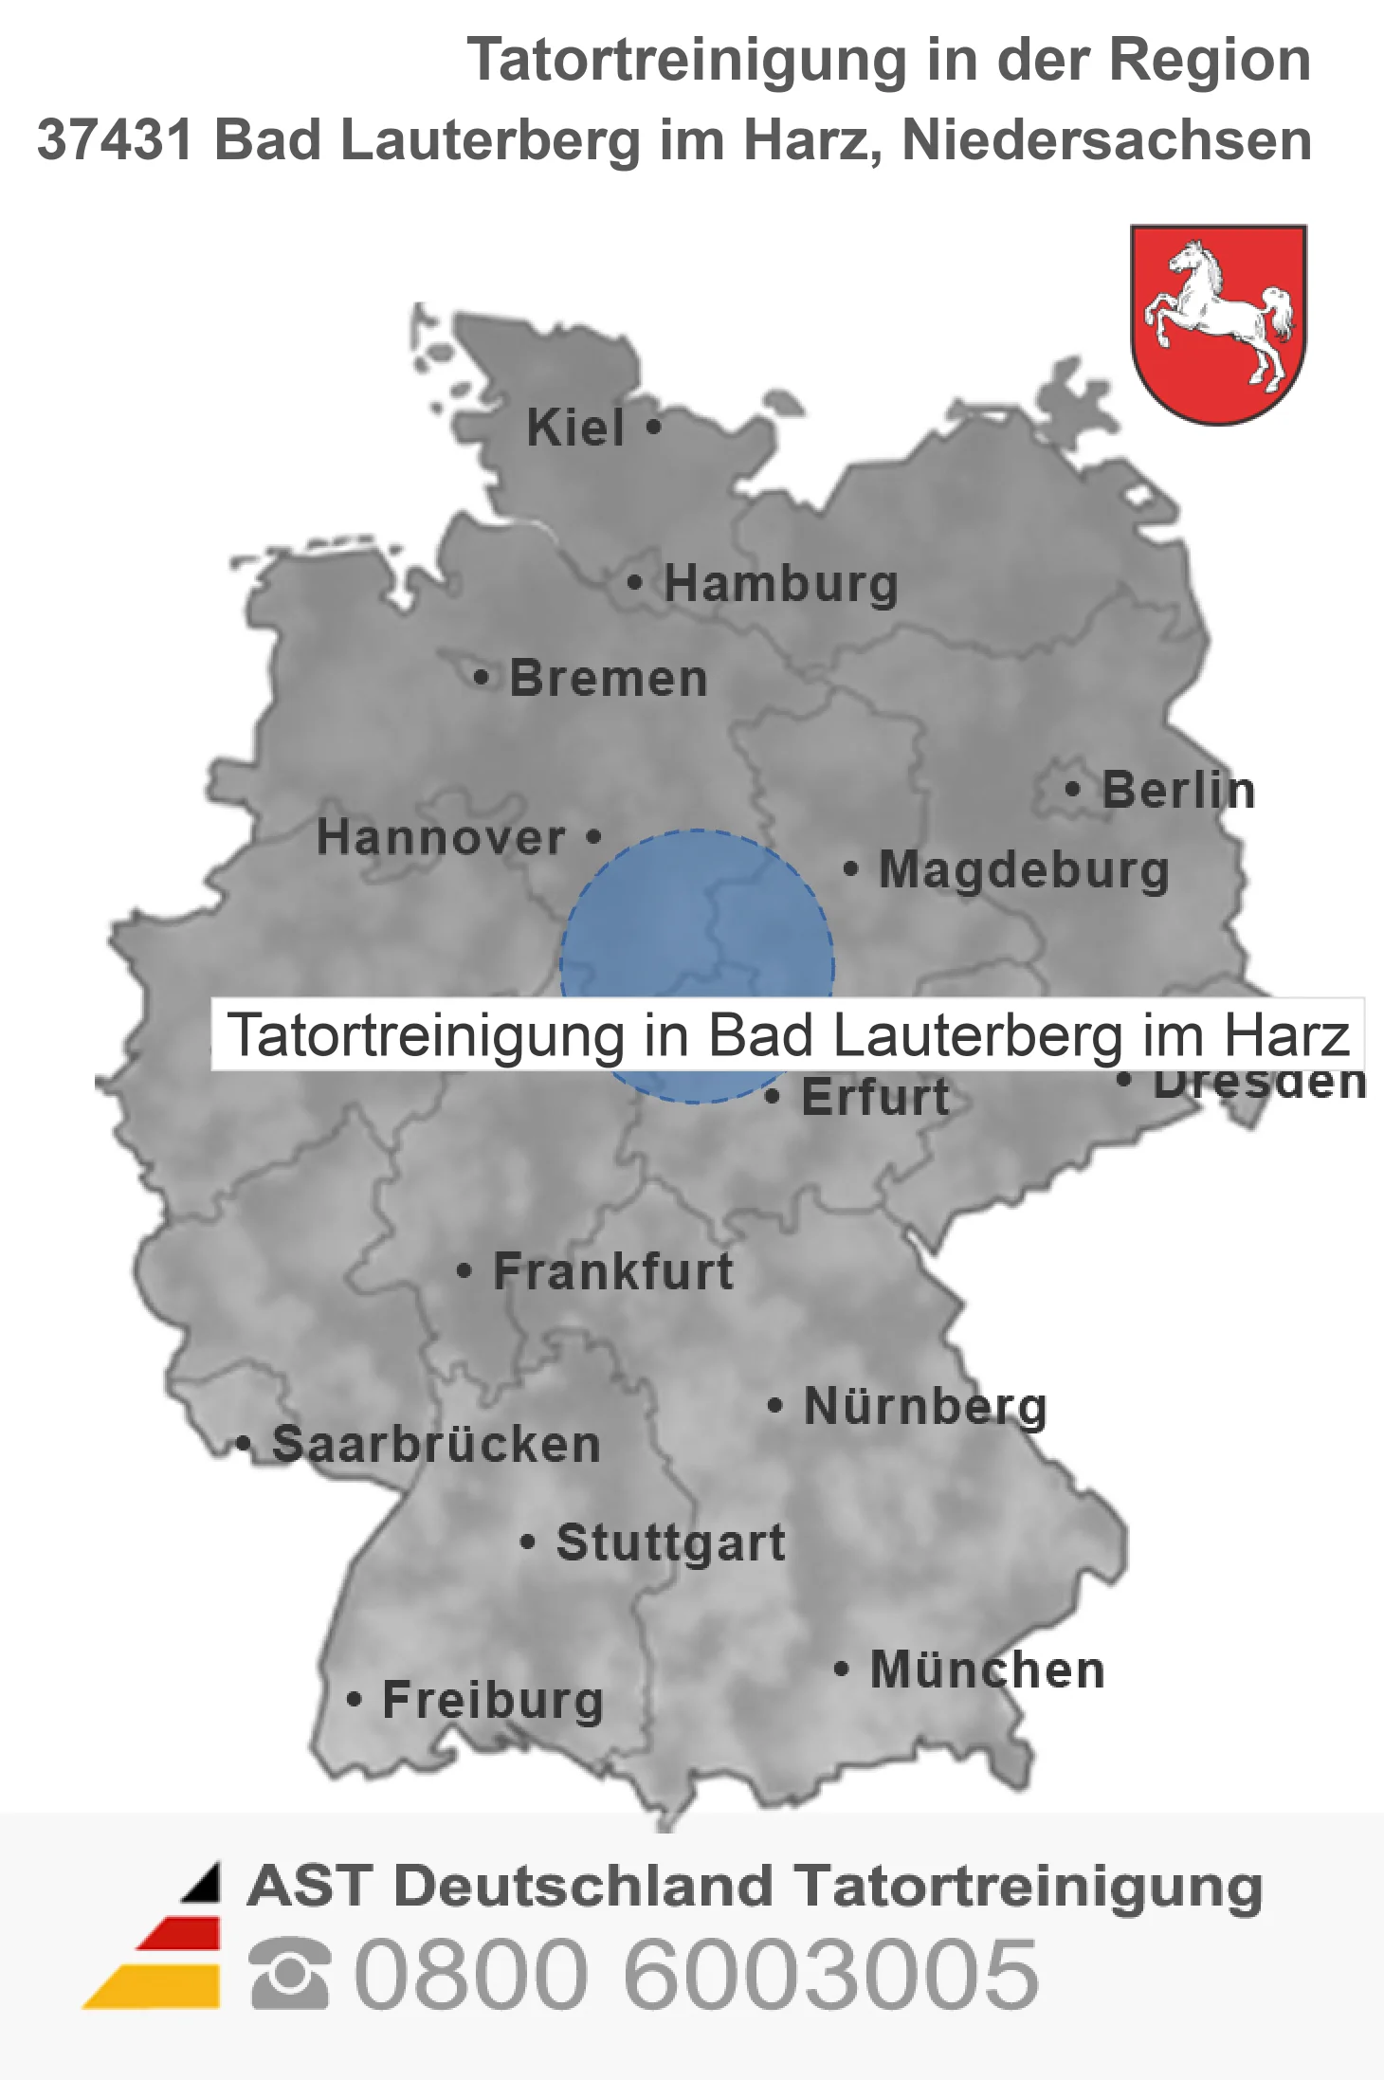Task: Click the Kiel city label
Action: pos(575,428)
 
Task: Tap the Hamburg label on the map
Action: pos(780,583)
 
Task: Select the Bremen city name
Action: pos(609,679)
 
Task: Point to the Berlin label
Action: pos(1178,791)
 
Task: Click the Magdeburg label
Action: pos(1024,870)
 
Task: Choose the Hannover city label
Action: pos(441,838)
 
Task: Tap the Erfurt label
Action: pos(875,1098)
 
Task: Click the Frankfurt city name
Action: pos(613,1271)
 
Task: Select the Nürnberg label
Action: pos(925,1406)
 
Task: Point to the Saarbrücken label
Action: pos(436,1445)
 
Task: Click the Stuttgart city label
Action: pos(671,1542)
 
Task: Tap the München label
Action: pos(988,1670)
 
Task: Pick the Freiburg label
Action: pos(493,1700)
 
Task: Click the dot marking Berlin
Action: pos(1072,790)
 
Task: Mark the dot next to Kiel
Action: pos(653,427)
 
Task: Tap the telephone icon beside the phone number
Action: pos(290,1974)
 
